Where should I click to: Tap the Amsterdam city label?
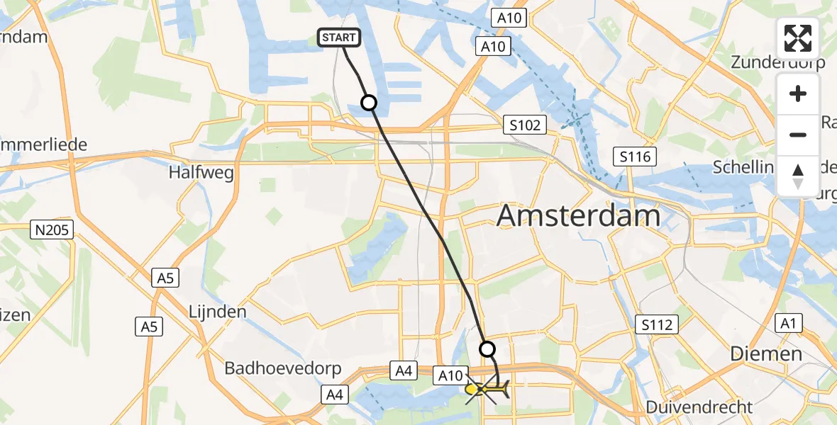click(x=578, y=215)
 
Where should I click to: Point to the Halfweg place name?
click(x=201, y=173)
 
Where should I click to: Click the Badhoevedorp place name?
click(x=283, y=369)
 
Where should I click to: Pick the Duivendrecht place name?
click(x=699, y=407)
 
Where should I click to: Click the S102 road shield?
click(x=525, y=125)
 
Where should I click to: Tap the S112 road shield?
click(x=656, y=325)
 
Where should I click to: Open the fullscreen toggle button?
click(x=798, y=38)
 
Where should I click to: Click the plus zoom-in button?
click(x=798, y=94)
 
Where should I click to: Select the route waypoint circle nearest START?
click(x=369, y=103)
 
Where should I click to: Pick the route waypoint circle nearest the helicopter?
click(x=487, y=348)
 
